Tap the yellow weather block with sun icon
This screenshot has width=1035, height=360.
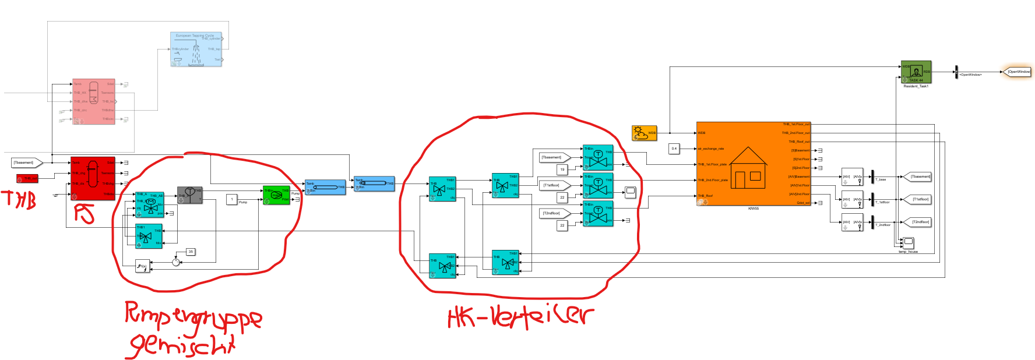pyautogui.click(x=644, y=133)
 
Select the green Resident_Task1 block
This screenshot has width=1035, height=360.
pyautogui.click(x=916, y=72)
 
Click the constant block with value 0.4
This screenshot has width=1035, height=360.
pyautogui.click(x=674, y=149)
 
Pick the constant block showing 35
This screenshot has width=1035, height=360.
pyautogui.click(x=191, y=252)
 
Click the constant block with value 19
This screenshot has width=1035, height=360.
pyautogui.click(x=562, y=170)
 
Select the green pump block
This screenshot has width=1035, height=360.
pyautogui.click(x=276, y=195)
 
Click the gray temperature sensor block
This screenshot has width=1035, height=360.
pyautogui.click(x=189, y=195)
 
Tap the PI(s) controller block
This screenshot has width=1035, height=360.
pyautogui.click(x=142, y=266)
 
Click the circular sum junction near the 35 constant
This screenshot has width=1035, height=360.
pyautogui.click(x=176, y=262)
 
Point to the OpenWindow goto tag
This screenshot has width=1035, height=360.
pyautogui.click(x=1018, y=72)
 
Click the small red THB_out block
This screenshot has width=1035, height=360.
pyautogui.click(x=27, y=178)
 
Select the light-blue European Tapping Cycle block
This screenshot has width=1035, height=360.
pyautogui.click(x=196, y=49)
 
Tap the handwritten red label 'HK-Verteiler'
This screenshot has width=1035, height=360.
pyautogui.click(x=520, y=316)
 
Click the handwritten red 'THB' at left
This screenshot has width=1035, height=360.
pyautogui.click(x=20, y=200)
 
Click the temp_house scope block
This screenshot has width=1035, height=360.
pyautogui.click(x=908, y=242)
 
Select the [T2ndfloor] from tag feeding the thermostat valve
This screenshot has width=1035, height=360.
pyautogui.click(x=553, y=213)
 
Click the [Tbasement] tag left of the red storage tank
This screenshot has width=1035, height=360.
pyautogui.click(x=26, y=163)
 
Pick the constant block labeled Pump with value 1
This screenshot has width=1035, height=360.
pyautogui.click(x=231, y=199)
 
